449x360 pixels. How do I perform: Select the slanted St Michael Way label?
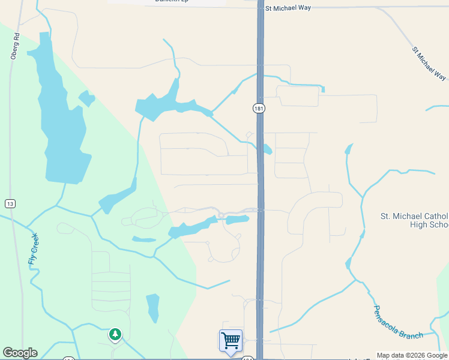click(430, 64)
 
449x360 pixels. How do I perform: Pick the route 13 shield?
click(10, 204)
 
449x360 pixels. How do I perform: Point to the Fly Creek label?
click(33, 249)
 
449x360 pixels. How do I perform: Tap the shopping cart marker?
click(231, 341)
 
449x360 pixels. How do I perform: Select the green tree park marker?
click(115, 334)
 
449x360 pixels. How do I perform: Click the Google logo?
click(20, 353)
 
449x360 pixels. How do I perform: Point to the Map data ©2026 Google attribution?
click(412, 355)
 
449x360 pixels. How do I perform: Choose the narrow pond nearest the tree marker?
click(153, 307)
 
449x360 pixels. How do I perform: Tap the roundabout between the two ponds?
click(221, 215)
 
